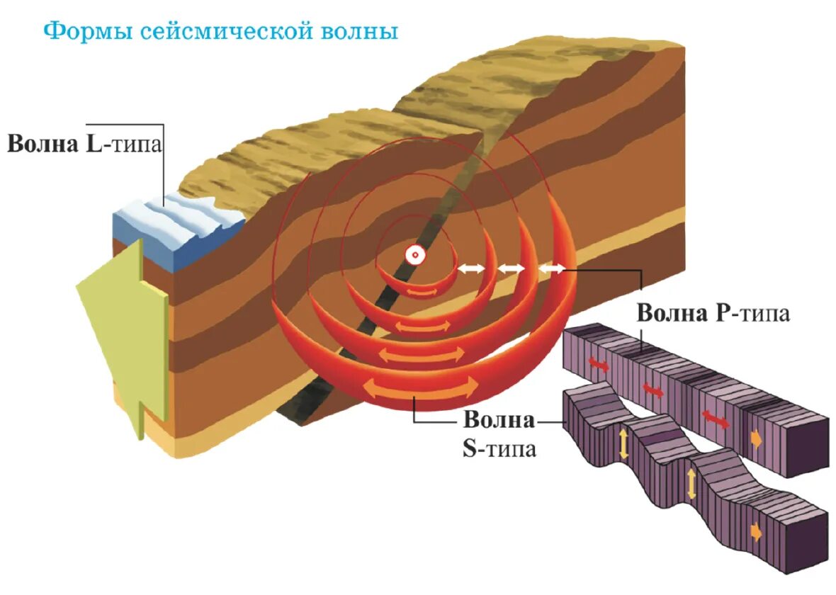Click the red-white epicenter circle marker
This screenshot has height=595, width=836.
coord(414,254)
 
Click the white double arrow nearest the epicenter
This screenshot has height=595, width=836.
coord(471,269)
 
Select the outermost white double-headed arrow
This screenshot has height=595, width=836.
coord(553,269)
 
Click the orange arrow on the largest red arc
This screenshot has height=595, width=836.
coord(421,387)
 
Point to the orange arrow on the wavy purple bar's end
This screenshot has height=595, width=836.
coord(756,530)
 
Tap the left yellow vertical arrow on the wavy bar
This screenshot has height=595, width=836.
coord(623,443)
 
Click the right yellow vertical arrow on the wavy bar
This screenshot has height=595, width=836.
coord(691,483)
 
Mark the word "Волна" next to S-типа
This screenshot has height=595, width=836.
coord(499,419)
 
